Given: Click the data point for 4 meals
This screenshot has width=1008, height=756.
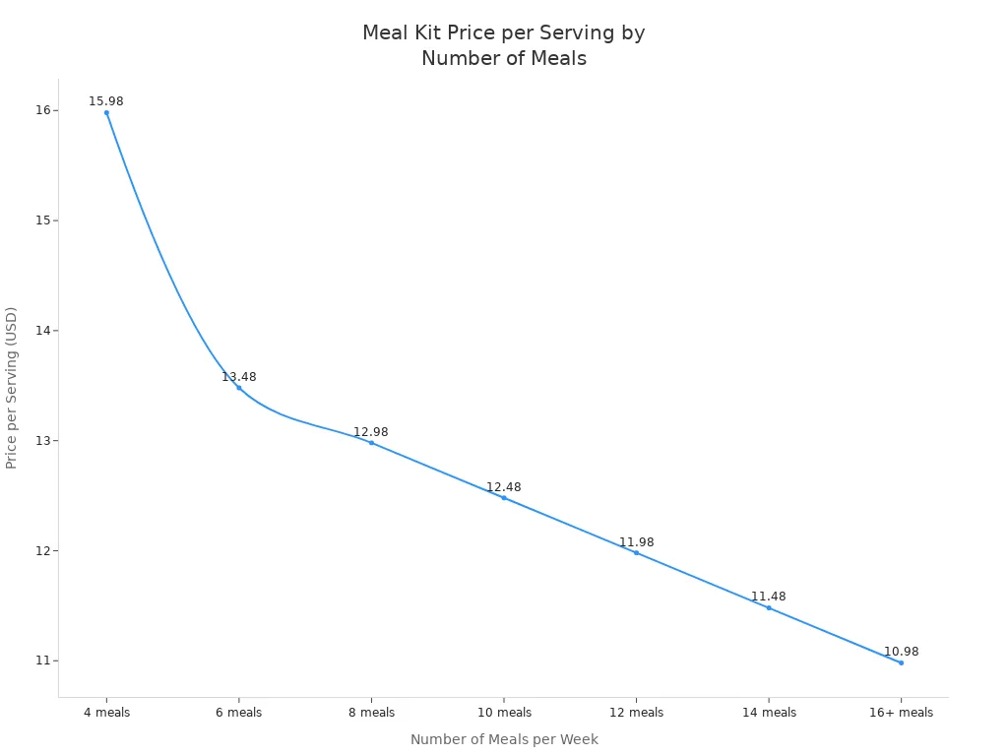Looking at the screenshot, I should tap(106, 112).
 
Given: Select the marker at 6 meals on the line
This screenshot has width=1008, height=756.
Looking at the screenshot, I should tap(238, 388).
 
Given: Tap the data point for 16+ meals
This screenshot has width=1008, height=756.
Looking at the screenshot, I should tap(901, 662).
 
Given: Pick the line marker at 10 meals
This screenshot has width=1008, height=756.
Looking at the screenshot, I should tap(504, 498).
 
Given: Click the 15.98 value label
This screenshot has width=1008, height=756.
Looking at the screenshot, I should tap(106, 101).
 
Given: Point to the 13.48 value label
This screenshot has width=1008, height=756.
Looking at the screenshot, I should tap(238, 377).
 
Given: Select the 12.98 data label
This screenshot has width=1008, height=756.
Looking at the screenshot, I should tap(371, 432).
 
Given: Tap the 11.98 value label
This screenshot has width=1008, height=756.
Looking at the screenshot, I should tap(636, 542).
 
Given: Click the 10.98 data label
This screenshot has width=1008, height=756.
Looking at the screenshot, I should tap(901, 652).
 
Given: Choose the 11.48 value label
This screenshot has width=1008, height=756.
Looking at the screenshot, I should tap(769, 597).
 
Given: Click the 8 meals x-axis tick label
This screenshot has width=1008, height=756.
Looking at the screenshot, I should tap(371, 713).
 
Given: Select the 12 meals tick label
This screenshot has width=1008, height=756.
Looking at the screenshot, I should tap(636, 713).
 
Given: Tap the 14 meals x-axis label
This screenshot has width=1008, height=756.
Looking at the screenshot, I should tap(769, 713).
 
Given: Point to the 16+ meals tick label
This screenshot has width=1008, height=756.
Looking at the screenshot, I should tap(901, 713).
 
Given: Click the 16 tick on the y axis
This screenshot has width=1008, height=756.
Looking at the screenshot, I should tap(42, 110).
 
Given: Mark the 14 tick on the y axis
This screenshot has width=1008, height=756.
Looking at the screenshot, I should tap(42, 331).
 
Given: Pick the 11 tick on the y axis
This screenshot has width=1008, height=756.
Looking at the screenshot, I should tap(42, 661).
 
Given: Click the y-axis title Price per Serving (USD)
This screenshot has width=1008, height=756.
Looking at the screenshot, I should tap(12, 388).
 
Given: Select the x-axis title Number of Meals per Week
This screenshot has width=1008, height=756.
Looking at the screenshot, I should tap(504, 739).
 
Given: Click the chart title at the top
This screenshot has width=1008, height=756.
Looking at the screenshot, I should tap(504, 45).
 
